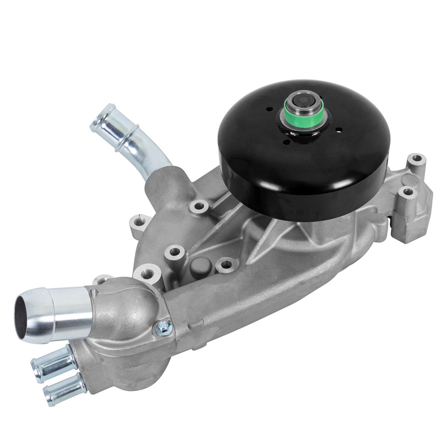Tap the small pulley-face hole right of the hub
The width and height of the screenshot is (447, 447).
tap(339, 130)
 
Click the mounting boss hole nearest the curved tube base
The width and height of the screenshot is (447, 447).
tap(198, 207)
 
